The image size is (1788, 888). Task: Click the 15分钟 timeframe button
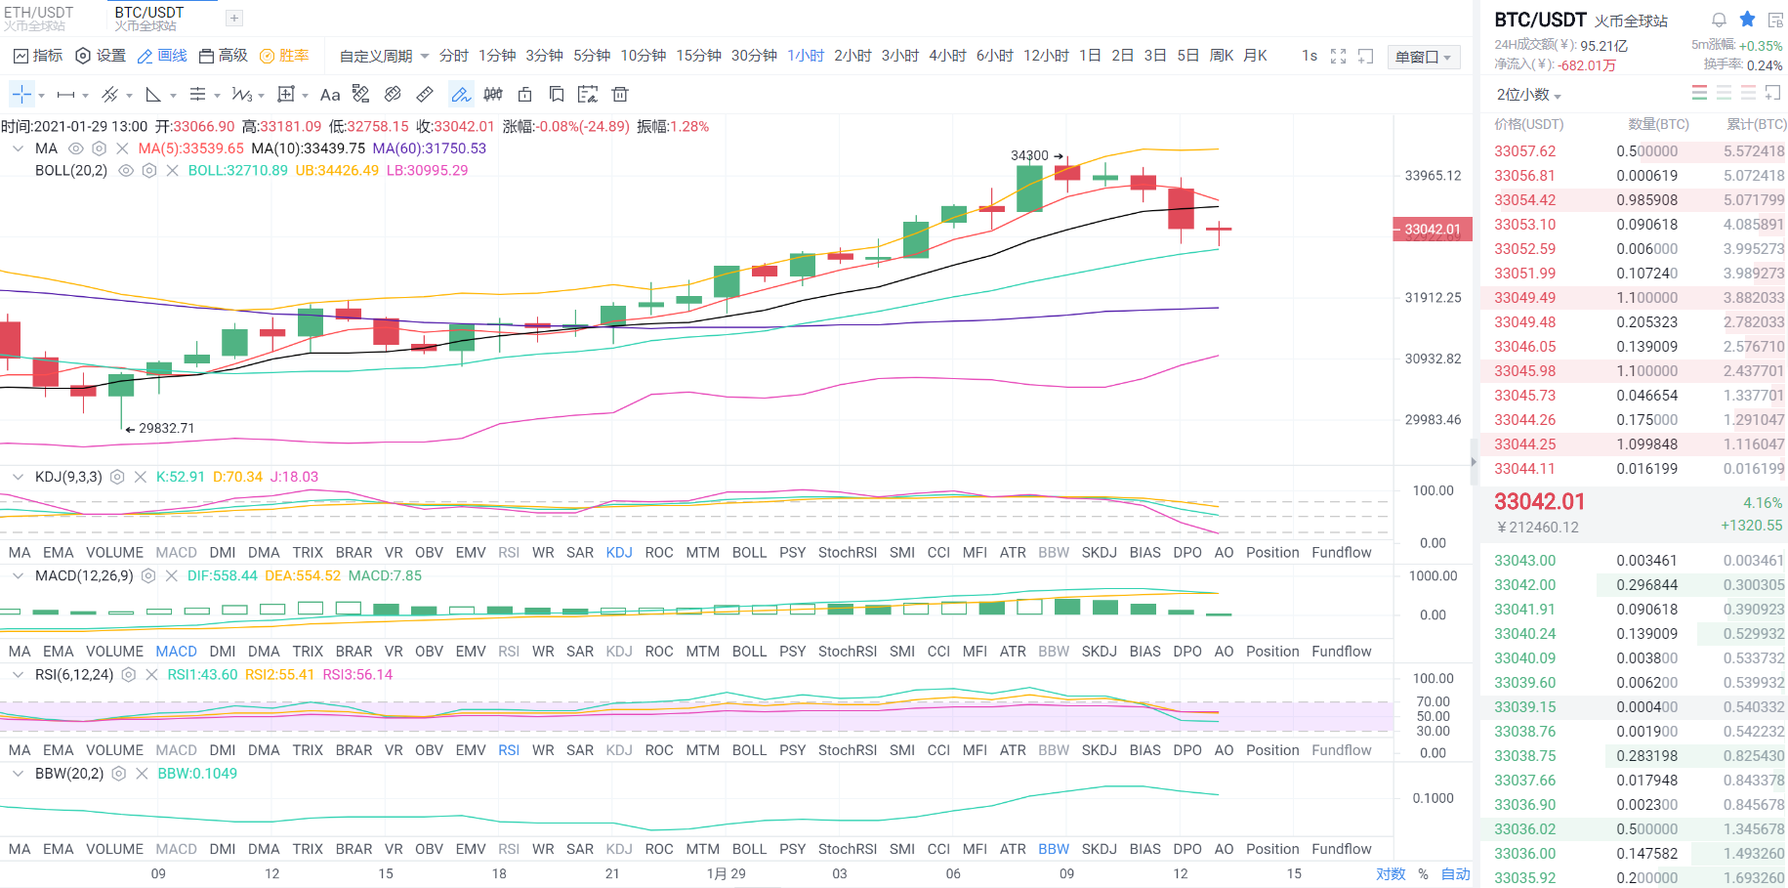click(698, 56)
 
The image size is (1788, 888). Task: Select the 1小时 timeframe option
click(806, 56)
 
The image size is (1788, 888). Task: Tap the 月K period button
click(1255, 56)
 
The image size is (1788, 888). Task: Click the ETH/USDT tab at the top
click(39, 13)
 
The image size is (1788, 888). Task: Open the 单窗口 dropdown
click(1423, 57)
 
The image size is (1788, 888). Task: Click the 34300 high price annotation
click(1029, 155)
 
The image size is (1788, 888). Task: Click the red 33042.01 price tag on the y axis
click(1432, 230)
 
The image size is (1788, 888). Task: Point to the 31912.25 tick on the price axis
click(1433, 298)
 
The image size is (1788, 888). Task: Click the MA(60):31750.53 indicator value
click(429, 148)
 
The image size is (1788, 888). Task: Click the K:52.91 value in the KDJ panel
click(180, 477)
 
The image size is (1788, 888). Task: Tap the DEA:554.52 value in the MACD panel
click(303, 575)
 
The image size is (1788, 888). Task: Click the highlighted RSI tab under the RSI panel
click(509, 750)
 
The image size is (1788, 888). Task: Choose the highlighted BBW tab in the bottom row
click(1054, 849)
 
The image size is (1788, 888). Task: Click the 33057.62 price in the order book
click(1524, 151)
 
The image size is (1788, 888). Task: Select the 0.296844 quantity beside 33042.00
click(1646, 585)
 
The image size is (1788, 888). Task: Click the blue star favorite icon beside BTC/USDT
click(1747, 20)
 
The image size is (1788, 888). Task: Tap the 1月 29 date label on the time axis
click(726, 873)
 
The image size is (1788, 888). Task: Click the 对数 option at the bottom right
click(1391, 873)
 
